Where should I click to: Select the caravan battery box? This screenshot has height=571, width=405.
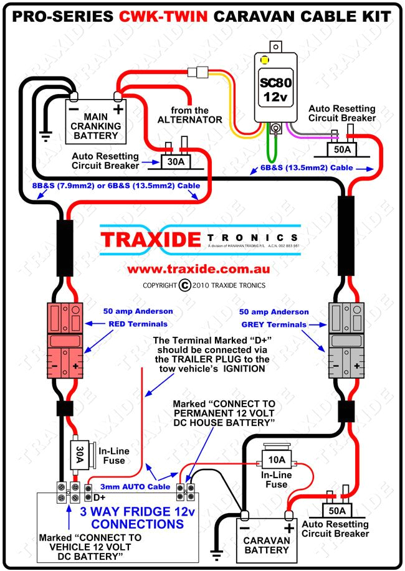[x=266, y=537]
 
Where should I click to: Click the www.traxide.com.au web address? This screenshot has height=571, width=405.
[x=198, y=270]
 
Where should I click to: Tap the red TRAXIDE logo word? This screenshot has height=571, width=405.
[x=150, y=239]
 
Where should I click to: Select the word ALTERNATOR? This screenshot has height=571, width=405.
[x=189, y=119]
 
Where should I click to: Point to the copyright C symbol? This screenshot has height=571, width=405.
[x=184, y=285]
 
